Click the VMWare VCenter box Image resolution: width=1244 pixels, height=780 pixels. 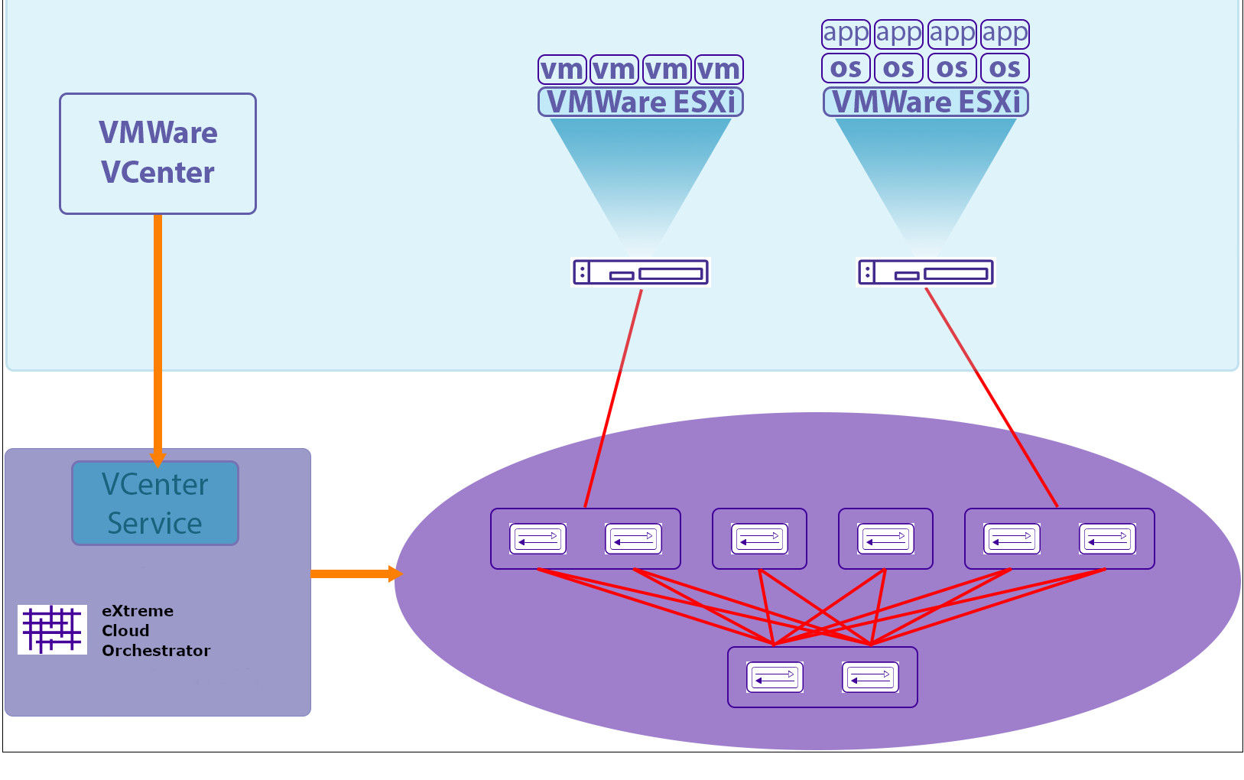coord(158,153)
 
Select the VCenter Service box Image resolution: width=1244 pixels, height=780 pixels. coord(155,503)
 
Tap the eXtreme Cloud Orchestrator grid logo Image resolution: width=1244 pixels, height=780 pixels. coord(52,629)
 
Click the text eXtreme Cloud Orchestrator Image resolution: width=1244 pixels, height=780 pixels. coord(155,631)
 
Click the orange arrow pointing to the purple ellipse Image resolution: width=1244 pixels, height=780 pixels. coord(356,574)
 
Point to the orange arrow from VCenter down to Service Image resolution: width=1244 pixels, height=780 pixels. coord(158,336)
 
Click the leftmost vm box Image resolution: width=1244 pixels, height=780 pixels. coord(562,70)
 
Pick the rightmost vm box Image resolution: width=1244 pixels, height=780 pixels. coord(719,70)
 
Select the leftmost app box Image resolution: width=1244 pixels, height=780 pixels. coord(846,34)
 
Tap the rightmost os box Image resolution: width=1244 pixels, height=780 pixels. coord(1005,68)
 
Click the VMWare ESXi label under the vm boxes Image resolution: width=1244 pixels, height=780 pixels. coord(641,102)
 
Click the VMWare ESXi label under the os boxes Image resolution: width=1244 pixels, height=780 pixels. coord(925,102)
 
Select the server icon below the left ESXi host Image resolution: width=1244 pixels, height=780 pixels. coord(641,272)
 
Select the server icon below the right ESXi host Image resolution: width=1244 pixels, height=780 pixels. coord(925,272)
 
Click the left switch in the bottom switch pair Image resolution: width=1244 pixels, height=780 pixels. coord(775,678)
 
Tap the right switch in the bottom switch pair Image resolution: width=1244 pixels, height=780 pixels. coord(870,678)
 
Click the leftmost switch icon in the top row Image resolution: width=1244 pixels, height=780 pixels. coord(538,539)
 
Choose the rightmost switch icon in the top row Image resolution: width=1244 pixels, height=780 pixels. coord(1106,539)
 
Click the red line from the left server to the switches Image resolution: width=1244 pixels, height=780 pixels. coord(613,398)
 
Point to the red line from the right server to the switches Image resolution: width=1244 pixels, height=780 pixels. coord(992,398)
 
